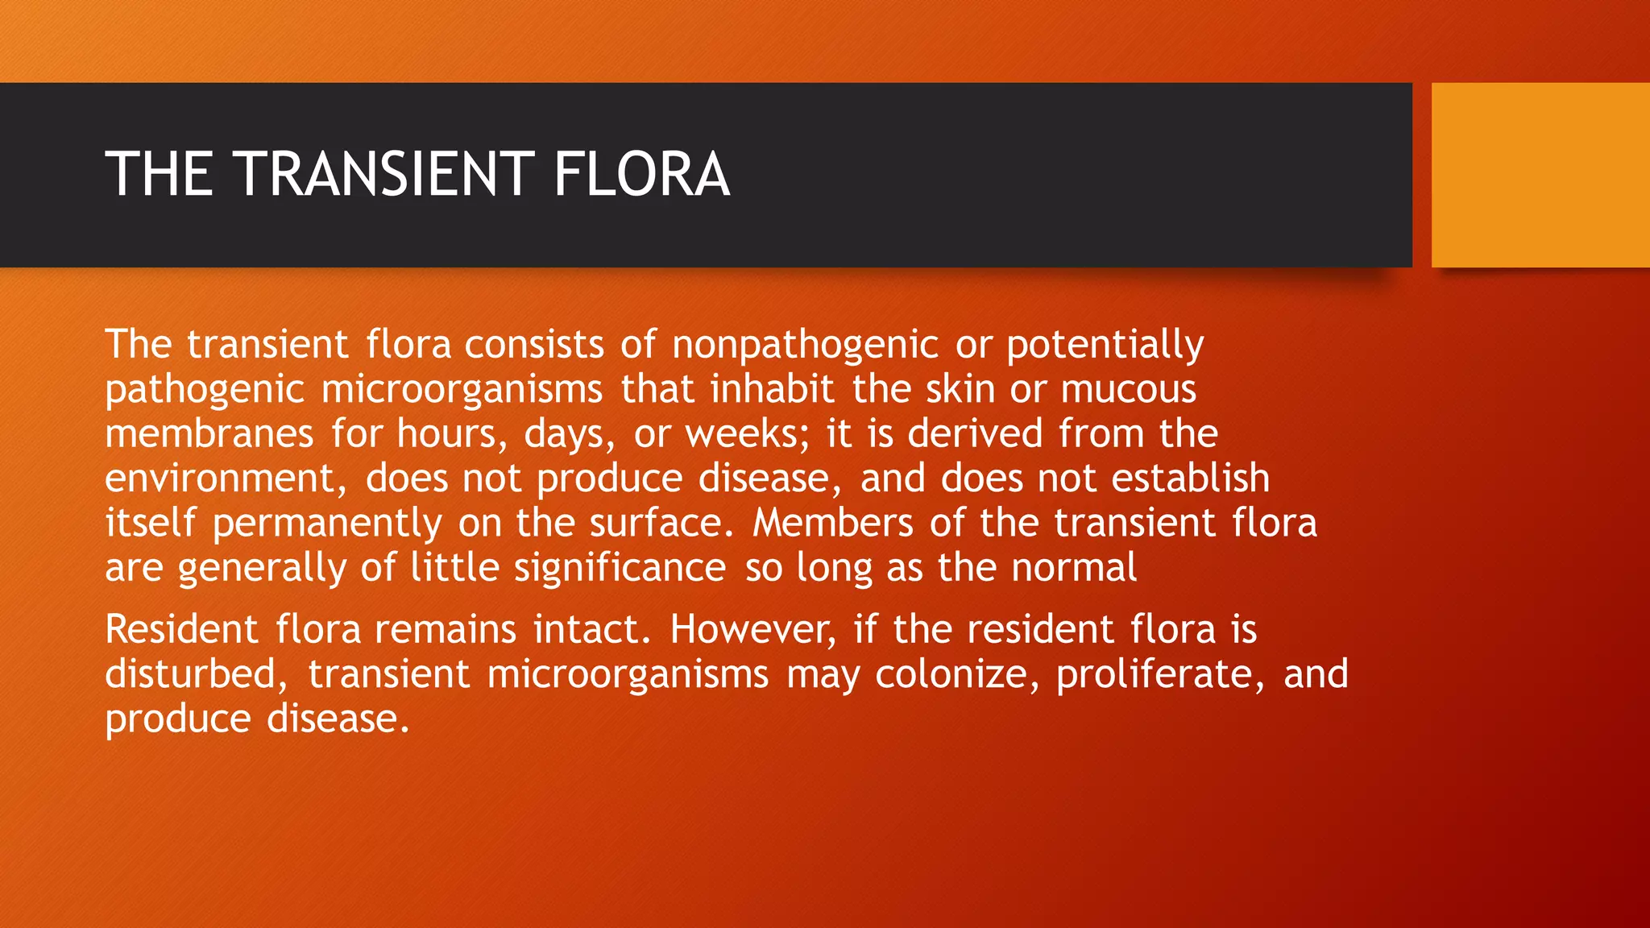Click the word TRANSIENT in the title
383,174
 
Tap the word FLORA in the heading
641,174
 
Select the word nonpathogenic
805,345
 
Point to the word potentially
1105,345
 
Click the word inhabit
772,389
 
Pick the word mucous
1128,389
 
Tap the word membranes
209,433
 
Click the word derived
975,433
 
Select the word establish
1191,478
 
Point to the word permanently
327,524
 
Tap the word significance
620,568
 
